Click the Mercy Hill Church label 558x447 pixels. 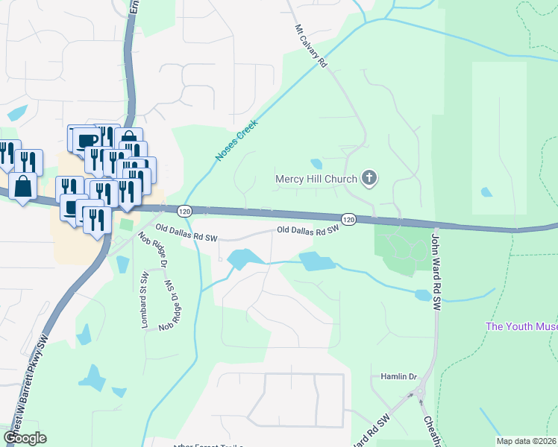(316, 179)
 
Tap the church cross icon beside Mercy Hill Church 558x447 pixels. (369, 178)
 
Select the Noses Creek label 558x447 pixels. (236, 140)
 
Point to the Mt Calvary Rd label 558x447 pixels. (311, 47)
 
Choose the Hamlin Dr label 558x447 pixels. (398, 377)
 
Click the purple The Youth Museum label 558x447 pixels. (521, 326)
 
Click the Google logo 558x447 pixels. (25, 438)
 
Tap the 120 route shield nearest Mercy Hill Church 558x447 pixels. (348, 218)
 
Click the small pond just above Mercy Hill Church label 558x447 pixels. (316, 163)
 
